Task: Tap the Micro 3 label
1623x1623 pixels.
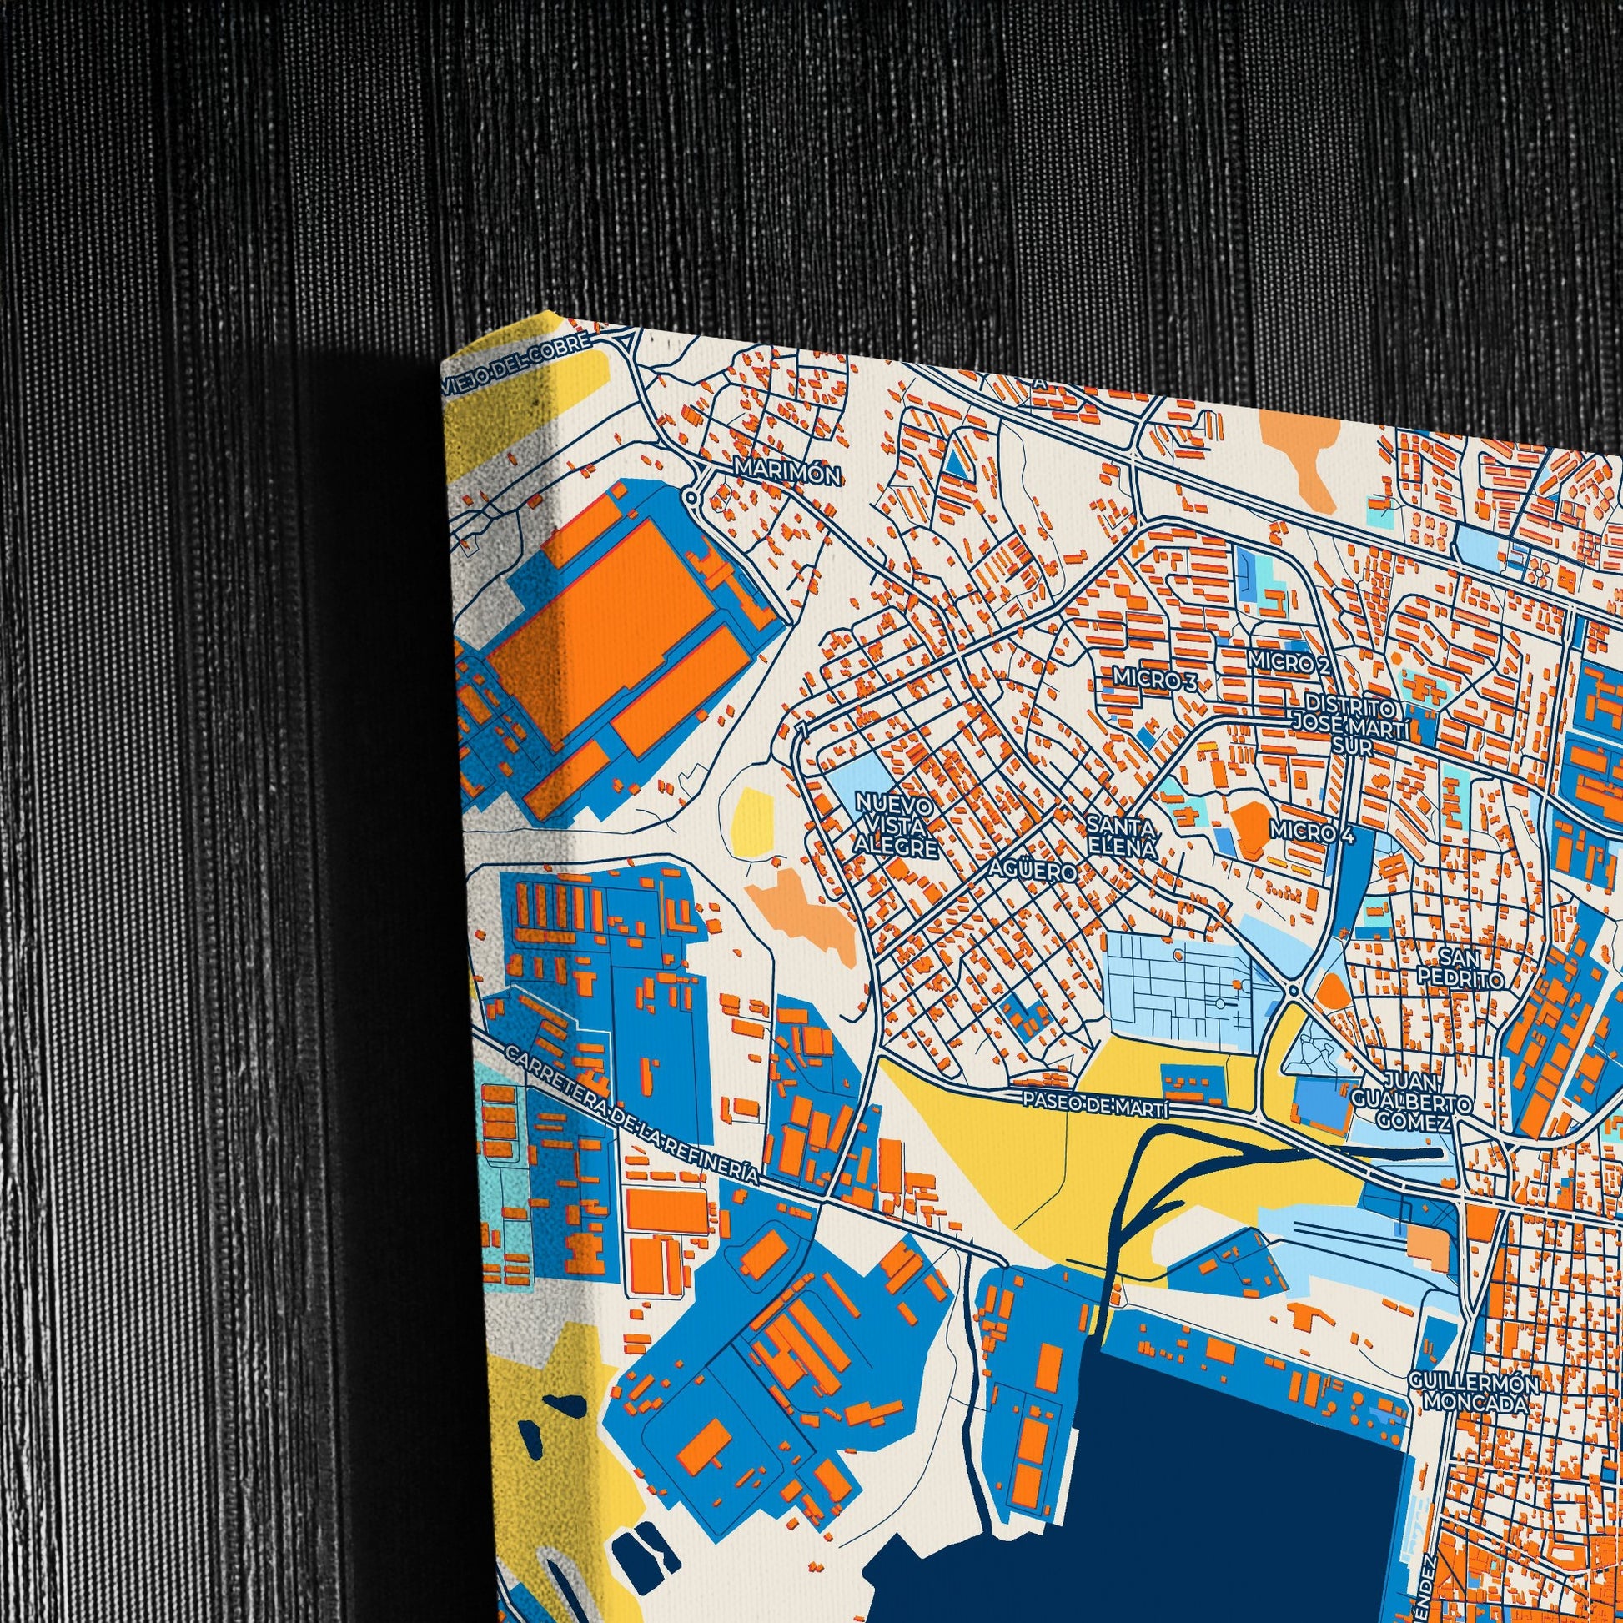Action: point(1155,680)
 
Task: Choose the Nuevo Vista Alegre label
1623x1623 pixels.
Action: point(896,826)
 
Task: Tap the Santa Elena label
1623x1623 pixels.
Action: point(1121,836)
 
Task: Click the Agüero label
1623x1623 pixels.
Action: point(1033,873)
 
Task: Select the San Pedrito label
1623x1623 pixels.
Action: point(1459,967)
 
